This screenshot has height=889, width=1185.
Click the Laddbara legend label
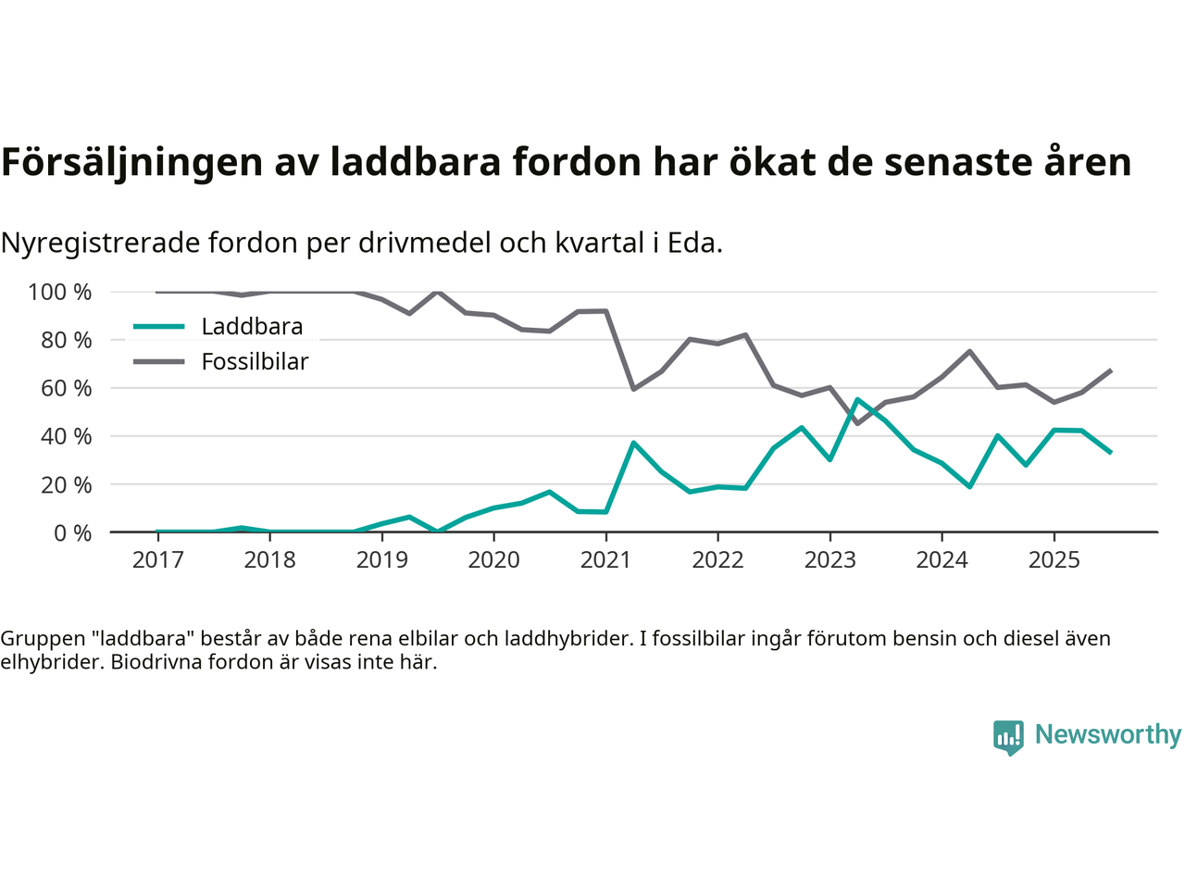(252, 327)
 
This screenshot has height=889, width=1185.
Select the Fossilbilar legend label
(255, 362)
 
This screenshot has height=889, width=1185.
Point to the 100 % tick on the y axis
(60, 293)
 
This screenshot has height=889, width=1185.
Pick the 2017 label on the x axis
(157, 560)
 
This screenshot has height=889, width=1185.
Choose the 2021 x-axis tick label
(605, 560)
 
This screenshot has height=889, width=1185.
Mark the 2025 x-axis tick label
(1054, 560)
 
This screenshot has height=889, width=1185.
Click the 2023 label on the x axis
(829, 560)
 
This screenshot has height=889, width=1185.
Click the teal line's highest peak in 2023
(857, 399)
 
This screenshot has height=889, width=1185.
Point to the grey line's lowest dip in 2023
(857, 423)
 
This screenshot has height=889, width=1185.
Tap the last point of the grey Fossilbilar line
(1110, 370)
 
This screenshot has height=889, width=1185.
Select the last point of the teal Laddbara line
(1110, 452)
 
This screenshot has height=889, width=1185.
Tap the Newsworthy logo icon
(1008, 737)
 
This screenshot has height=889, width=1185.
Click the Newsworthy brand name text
(1107, 734)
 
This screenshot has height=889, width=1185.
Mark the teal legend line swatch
(159, 327)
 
